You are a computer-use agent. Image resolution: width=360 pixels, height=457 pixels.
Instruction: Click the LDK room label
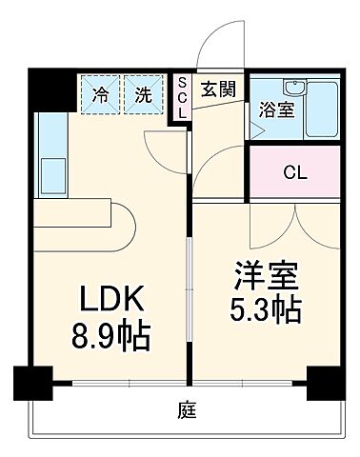point(107,302)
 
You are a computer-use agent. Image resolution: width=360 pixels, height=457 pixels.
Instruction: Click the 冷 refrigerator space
point(100,94)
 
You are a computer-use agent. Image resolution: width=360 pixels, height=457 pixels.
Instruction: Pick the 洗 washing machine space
point(142,94)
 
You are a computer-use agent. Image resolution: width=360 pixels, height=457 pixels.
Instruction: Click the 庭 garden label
point(180,410)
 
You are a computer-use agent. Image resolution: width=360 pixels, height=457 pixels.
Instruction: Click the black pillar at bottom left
point(32,384)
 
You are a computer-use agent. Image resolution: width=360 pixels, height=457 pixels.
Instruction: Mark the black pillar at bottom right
point(325,384)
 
